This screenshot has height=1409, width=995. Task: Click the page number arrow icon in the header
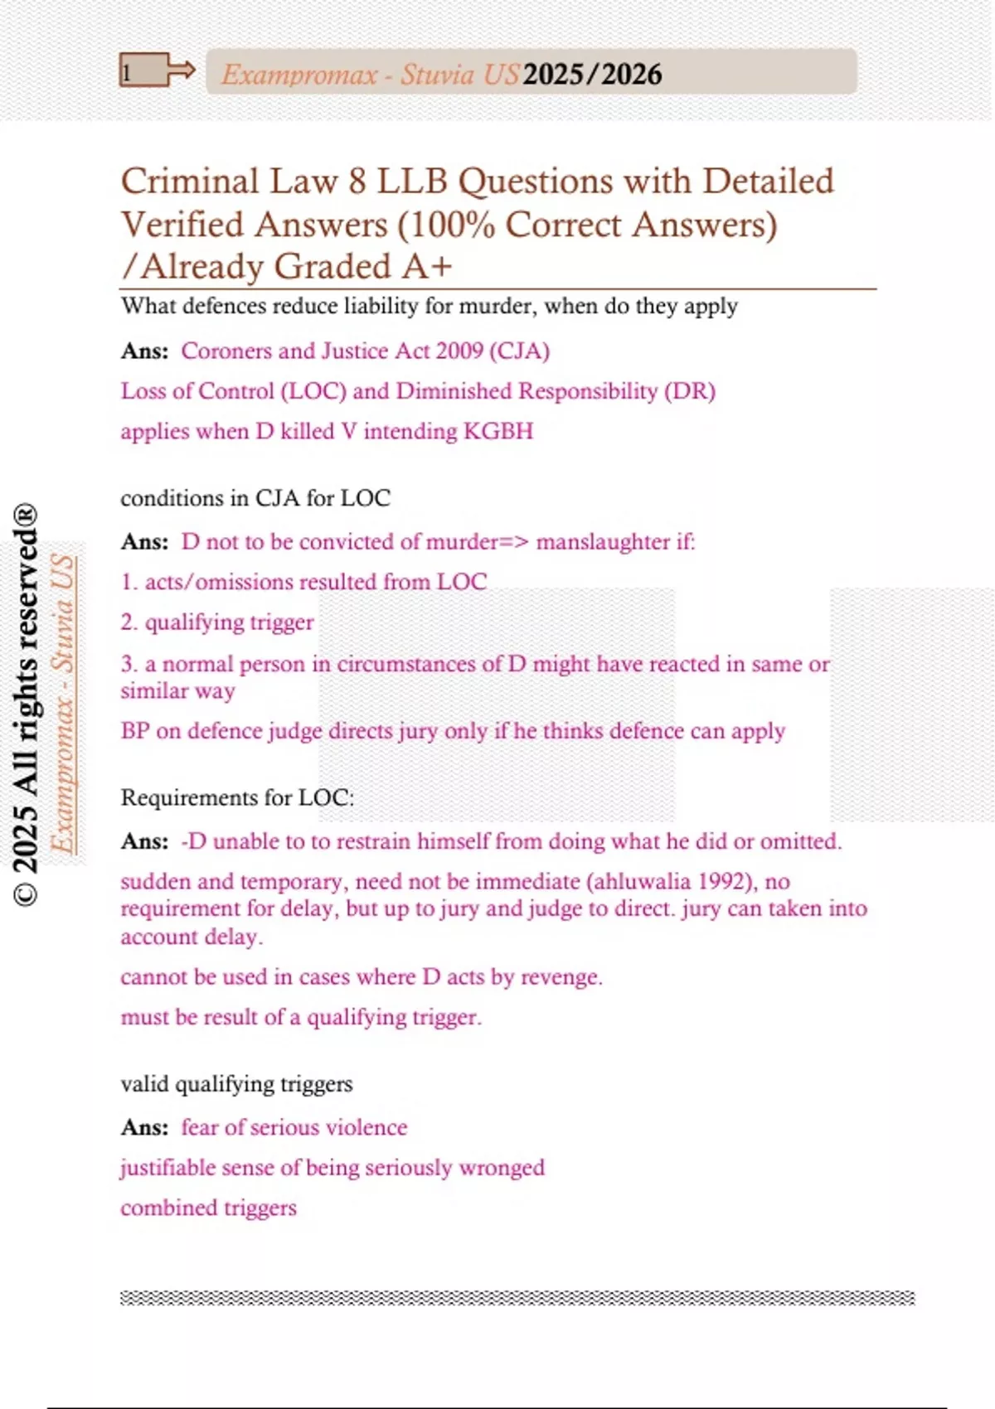[158, 71]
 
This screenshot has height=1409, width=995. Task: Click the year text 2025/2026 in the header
[592, 75]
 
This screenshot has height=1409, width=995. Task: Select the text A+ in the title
[427, 266]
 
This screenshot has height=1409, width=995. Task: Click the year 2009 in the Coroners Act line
[459, 351]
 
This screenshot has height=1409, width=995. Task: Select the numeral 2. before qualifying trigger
[129, 622]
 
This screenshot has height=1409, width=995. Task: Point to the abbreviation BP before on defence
[135, 731]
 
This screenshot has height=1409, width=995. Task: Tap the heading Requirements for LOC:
[237, 797]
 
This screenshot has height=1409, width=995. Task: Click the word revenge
[561, 977]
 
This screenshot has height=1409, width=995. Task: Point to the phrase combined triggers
[208, 1208]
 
